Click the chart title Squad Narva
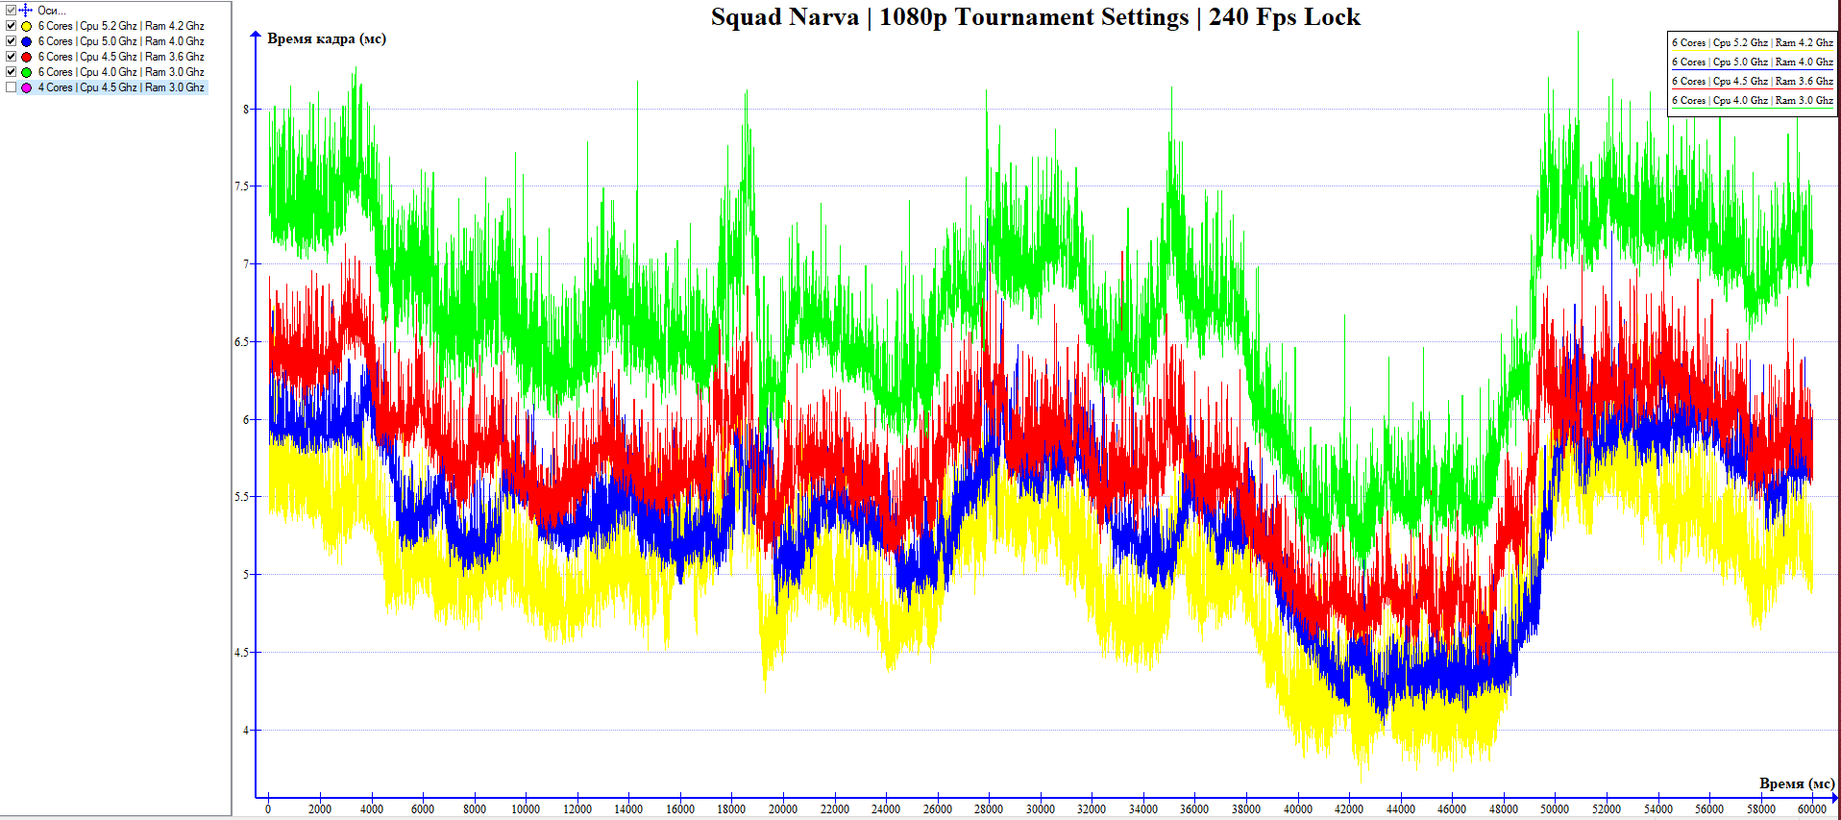click(x=1035, y=17)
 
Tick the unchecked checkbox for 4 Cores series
click(x=11, y=87)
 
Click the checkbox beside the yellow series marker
click(x=11, y=26)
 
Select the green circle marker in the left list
click(x=26, y=72)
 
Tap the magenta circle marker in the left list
click(x=26, y=87)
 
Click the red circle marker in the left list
click(x=26, y=57)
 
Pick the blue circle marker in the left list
click(x=26, y=41)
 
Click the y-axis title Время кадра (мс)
click(x=326, y=38)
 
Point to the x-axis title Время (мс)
click(x=1796, y=783)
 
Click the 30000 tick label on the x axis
click(x=1040, y=809)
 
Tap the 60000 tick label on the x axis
click(x=1811, y=809)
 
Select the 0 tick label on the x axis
click(x=268, y=809)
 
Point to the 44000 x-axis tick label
click(x=1400, y=809)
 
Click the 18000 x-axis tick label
click(x=731, y=809)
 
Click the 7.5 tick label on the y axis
click(x=241, y=186)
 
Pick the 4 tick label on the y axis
click(x=245, y=731)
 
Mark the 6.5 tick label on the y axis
click(x=241, y=342)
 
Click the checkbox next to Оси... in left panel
click(x=11, y=11)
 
